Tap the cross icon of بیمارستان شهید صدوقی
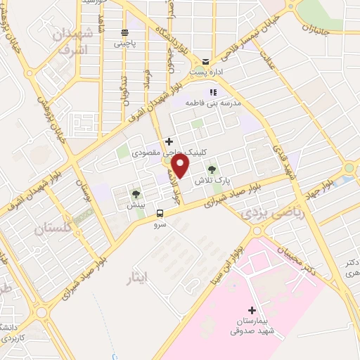252,310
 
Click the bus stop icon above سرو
161,212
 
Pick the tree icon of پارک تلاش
212,169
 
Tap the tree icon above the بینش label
135,193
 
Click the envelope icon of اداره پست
205,61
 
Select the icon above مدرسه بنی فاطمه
212,92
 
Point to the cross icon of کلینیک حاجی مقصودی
169,141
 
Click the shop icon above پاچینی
124,32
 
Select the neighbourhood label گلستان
53,228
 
